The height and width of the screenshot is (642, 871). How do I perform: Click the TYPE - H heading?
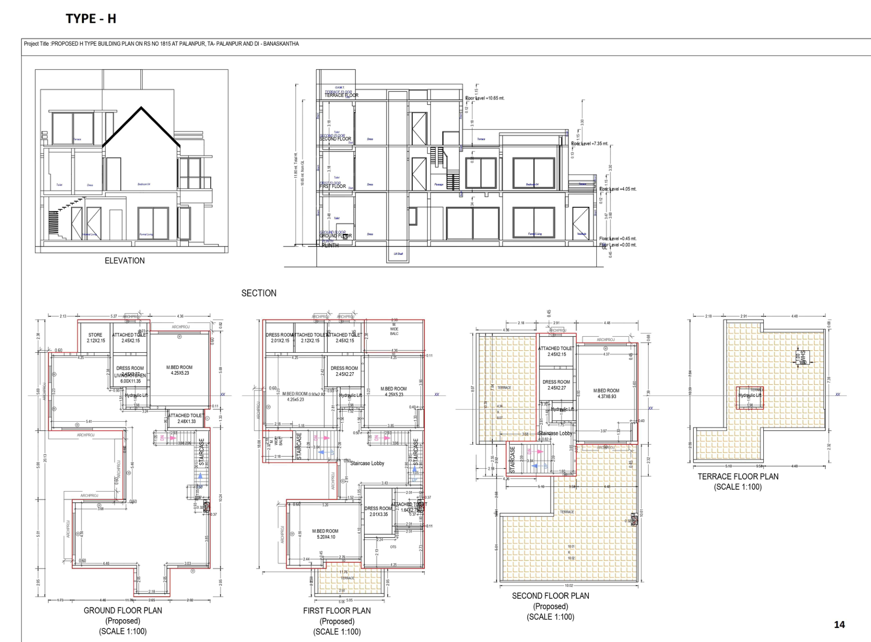click(91, 19)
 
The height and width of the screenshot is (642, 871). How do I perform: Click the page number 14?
click(839, 625)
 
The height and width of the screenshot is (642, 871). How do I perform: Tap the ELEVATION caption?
click(125, 261)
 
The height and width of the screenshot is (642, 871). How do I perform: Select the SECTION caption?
click(259, 293)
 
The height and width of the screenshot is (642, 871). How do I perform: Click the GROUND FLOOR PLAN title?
click(123, 610)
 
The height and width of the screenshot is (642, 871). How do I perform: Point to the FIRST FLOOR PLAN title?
click(337, 610)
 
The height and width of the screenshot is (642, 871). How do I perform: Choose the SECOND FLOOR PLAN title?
click(551, 595)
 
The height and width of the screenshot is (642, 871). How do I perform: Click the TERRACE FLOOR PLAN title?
click(738, 477)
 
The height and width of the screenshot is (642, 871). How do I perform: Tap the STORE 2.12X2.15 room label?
click(96, 338)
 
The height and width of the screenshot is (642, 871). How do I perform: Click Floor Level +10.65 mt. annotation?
click(485, 98)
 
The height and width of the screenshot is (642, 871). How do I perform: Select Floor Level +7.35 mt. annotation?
click(589, 144)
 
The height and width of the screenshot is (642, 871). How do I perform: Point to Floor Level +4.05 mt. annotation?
click(618, 189)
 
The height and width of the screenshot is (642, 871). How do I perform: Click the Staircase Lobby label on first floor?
click(367, 463)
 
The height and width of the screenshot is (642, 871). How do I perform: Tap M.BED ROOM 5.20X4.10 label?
click(325, 534)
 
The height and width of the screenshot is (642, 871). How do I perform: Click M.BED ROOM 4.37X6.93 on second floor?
click(606, 394)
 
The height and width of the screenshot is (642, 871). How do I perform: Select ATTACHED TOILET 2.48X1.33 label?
click(186, 418)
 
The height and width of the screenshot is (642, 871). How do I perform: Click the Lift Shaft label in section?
click(398, 254)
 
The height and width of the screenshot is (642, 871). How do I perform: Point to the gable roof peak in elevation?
click(141, 108)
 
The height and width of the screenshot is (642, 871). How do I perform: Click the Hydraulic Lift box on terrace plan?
click(750, 397)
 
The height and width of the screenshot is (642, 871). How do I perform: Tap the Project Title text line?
click(161, 44)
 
